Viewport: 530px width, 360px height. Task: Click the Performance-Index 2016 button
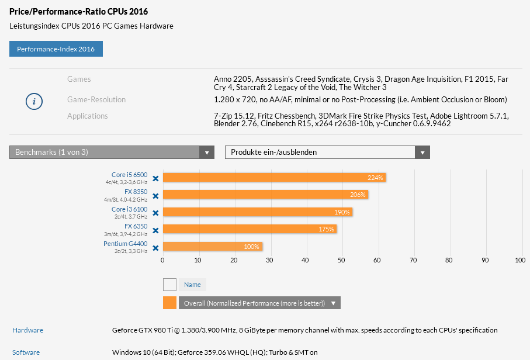(x=56, y=49)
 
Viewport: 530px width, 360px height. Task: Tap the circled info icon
(x=34, y=102)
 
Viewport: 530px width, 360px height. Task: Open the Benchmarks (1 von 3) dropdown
(x=112, y=153)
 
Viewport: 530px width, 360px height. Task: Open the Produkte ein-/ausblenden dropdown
(x=327, y=153)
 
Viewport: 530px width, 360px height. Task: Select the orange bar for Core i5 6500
(x=274, y=178)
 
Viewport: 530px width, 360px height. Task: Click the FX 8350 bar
(x=265, y=195)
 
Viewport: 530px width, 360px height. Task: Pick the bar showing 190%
(x=258, y=212)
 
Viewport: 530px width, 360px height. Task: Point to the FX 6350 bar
(x=250, y=229)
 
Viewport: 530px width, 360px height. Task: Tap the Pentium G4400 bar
(x=213, y=247)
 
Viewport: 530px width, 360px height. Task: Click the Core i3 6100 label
(x=129, y=209)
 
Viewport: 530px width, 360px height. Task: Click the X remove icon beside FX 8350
(x=155, y=196)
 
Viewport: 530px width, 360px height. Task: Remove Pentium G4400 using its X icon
(x=155, y=248)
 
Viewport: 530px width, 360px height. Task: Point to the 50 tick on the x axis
(x=342, y=261)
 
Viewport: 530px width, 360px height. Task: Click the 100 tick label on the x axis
(x=520, y=261)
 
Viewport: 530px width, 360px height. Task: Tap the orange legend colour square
(x=169, y=303)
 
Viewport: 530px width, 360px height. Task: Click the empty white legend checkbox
(x=169, y=285)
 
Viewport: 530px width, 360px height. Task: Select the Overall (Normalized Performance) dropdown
(x=259, y=303)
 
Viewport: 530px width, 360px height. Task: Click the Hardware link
(x=27, y=330)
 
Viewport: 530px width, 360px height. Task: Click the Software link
(x=26, y=352)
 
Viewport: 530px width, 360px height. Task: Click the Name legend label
(x=192, y=285)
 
